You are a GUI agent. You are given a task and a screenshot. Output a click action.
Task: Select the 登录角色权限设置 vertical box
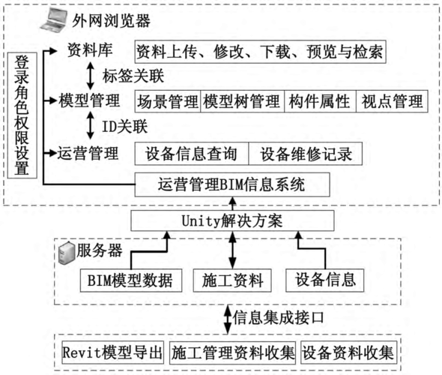[x=22, y=115]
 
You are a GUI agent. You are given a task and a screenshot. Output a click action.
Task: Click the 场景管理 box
[x=168, y=101]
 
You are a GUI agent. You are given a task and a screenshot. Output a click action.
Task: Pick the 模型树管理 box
[x=243, y=101]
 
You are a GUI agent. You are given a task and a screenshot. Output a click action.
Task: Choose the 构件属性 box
[x=320, y=101]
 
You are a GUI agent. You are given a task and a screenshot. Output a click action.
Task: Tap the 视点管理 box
[x=392, y=101]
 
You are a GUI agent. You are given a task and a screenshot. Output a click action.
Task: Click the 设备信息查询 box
[x=192, y=154]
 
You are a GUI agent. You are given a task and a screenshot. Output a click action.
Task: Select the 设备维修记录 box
[x=306, y=154]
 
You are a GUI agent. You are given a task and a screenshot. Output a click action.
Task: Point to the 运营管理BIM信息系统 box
[x=232, y=184]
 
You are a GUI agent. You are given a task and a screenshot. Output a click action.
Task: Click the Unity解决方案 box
[x=232, y=220]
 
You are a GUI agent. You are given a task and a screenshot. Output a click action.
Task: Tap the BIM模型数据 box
[x=131, y=280]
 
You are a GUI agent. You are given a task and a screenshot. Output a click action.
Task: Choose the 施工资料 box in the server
[x=232, y=280]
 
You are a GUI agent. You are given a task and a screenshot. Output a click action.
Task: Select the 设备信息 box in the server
[x=324, y=280]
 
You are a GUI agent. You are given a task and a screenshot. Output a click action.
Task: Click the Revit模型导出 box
[x=113, y=352]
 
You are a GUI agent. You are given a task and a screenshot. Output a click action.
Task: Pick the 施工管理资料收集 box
[x=232, y=352]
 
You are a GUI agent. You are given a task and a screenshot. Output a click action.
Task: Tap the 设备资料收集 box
[x=348, y=352]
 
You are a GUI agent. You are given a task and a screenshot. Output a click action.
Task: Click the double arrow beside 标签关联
[x=90, y=76]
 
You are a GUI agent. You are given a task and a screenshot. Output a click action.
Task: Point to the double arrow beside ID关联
[x=90, y=125]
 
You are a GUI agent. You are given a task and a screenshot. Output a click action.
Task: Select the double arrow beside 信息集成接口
[x=228, y=319]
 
